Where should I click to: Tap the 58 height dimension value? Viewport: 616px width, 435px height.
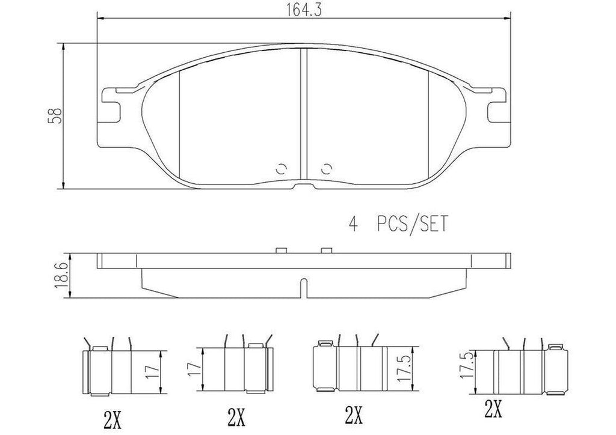[x=55, y=115]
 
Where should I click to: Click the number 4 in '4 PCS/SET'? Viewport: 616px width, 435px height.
[x=353, y=225]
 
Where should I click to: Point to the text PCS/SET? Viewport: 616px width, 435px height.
[x=412, y=225]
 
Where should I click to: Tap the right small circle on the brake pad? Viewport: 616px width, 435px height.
[x=327, y=169]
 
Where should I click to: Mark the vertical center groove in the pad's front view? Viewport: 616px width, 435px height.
[x=304, y=114]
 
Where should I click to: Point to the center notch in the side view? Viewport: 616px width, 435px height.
[x=304, y=289]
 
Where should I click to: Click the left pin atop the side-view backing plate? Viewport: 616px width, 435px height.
[x=281, y=249]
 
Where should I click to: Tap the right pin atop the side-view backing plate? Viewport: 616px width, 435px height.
[x=327, y=249]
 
